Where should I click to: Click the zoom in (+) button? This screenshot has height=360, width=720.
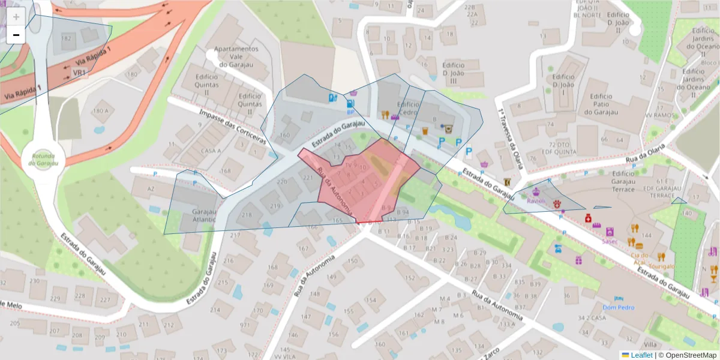16,17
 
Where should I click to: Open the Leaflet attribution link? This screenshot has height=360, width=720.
641,355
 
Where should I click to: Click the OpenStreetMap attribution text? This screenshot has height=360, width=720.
687,355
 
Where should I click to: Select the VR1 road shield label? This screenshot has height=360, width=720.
79,73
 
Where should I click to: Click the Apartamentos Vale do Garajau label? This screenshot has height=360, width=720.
236,56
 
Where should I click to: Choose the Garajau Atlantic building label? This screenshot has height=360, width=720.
203,216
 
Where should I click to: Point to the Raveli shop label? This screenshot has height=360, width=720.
536,202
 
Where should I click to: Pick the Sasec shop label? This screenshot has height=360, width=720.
610,241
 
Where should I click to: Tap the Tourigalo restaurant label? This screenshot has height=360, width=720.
661,266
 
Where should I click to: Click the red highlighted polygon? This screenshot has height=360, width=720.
360,186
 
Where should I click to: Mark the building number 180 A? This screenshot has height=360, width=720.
101,111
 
